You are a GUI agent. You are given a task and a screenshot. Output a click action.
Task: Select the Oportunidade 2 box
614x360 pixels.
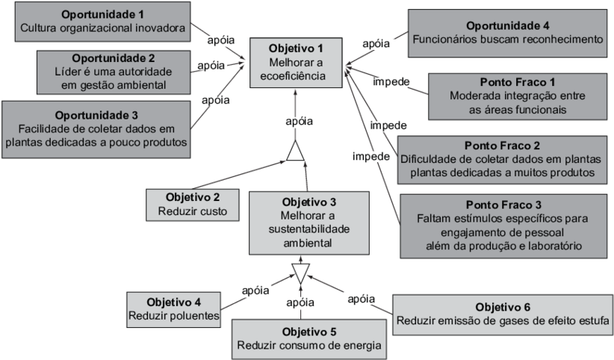tap(114, 72)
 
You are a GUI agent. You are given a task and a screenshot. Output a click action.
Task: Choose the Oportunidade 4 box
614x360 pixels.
tap(508, 32)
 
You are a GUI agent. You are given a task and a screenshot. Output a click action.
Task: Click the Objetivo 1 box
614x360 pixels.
tap(297, 62)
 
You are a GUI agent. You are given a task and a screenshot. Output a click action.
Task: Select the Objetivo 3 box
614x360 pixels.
tap(309, 223)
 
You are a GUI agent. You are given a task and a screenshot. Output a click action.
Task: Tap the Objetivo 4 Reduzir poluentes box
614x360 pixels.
tap(173, 309)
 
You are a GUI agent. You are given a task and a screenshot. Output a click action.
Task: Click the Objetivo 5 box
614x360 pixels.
tap(309, 338)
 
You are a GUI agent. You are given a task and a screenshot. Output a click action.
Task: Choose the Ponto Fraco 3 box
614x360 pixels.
tap(502, 224)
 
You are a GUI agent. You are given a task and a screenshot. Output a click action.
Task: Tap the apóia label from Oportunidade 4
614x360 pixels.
tap(375, 44)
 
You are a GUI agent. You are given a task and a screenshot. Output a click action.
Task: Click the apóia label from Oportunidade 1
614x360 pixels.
tap(222, 36)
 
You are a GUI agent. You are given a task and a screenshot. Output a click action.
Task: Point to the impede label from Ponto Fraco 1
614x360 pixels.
tap(391, 81)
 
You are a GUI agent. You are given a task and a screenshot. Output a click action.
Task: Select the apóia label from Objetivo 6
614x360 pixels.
tap(360, 300)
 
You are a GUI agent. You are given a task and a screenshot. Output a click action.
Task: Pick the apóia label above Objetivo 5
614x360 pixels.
tap(300, 302)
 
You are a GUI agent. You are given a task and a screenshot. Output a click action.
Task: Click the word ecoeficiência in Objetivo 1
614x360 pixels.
tap(297, 75)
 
